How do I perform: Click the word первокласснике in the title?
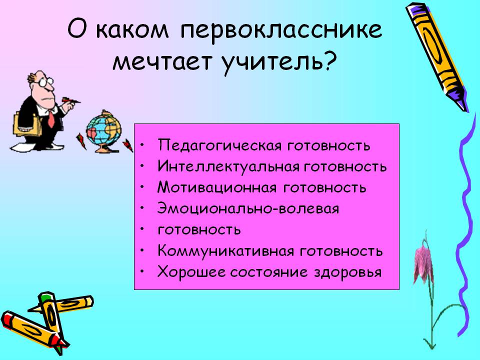(281, 30)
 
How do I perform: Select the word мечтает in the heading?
(161, 61)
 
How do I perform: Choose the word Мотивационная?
(217, 187)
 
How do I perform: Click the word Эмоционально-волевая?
(248, 208)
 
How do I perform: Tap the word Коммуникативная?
(225, 251)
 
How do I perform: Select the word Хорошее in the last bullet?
(191, 272)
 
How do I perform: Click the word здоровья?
(348, 272)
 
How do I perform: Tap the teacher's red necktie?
(51, 119)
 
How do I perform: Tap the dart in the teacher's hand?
(71, 100)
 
